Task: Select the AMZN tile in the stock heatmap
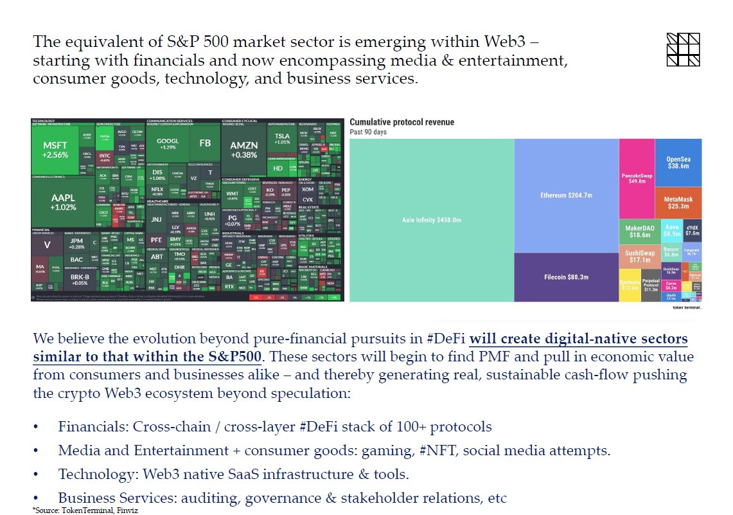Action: pos(243,149)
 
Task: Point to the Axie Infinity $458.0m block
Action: pos(432,220)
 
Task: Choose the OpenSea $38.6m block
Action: pos(678,162)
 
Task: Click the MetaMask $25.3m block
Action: pos(678,203)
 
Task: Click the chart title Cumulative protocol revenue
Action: pos(402,122)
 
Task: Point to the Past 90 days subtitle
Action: pos(369,132)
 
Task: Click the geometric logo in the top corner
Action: pos(683,49)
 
